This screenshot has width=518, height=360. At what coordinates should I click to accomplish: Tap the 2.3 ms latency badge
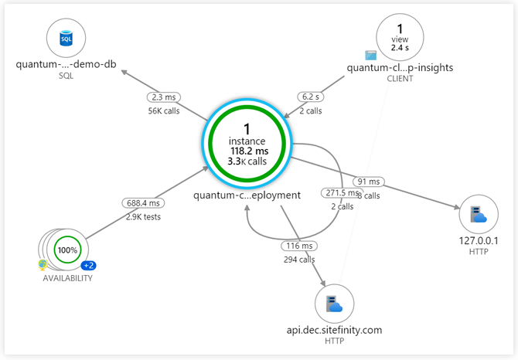click(164, 98)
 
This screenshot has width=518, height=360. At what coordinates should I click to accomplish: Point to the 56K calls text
click(164, 110)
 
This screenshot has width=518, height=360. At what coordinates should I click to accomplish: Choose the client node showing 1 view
click(400, 37)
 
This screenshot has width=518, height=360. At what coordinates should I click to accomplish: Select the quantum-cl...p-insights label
click(400, 67)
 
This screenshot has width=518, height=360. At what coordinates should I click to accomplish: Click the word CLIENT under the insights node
click(400, 79)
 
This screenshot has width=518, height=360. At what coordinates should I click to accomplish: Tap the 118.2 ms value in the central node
click(247, 151)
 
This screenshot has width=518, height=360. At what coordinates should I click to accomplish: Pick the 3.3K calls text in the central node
click(247, 161)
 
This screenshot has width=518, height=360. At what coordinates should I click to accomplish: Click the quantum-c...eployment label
click(247, 195)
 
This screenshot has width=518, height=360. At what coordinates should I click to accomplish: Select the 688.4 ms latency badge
click(142, 203)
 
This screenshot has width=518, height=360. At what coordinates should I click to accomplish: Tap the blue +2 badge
click(89, 266)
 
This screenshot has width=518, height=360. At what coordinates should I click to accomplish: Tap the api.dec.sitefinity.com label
click(334, 330)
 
